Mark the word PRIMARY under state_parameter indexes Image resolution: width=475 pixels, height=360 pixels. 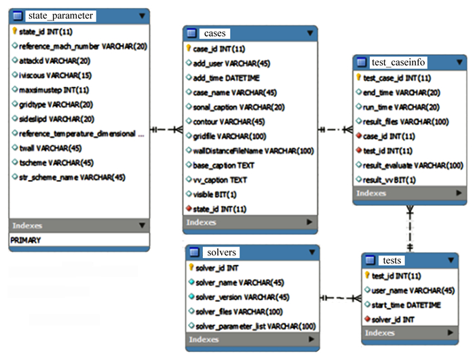click(26, 240)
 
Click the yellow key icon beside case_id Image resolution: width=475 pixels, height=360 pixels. click(189, 49)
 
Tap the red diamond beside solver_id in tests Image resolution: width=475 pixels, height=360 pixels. click(367, 319)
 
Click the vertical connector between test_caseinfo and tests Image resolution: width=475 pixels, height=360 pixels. click(409, 228)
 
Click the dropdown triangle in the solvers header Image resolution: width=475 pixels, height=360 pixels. click(309, 253)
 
